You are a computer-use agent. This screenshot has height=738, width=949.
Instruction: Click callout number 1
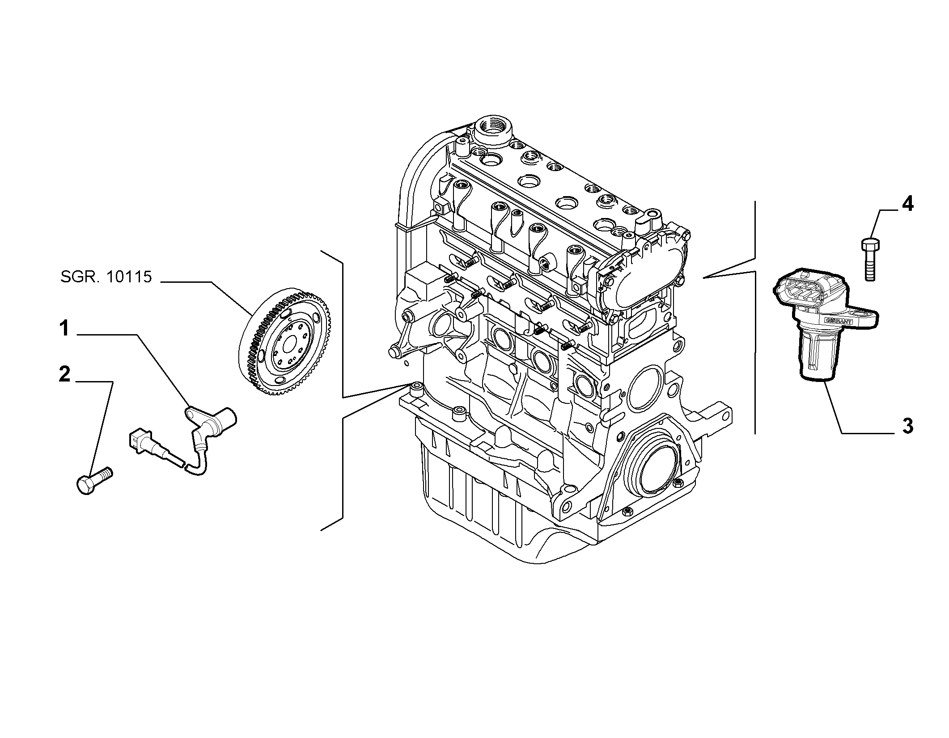(64, 329)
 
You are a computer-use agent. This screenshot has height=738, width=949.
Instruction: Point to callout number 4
(907, 204)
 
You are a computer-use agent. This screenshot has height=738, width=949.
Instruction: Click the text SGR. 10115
(106, 277)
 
